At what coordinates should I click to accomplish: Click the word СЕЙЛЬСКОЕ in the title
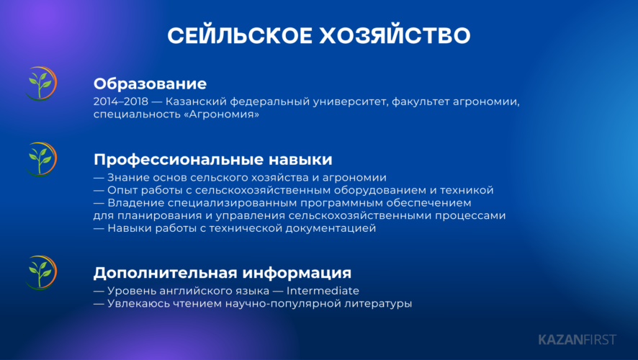tap(240, 35)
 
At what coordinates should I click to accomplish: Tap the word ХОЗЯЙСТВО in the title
tap(395, 35)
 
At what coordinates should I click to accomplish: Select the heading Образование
tap(150, 84)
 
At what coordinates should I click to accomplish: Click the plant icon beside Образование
tap(41, 84)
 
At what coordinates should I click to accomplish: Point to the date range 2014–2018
tap(121, 102)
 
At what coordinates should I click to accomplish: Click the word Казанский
tap(196, 102)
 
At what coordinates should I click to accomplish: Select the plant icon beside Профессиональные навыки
tap(41, 159)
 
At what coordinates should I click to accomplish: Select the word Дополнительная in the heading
tap(166, 273)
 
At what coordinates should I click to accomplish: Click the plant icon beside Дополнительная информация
tap(41, 273)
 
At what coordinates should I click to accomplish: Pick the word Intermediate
tap(323, 291)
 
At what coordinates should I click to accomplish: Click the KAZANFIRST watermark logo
tap(578, 340)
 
